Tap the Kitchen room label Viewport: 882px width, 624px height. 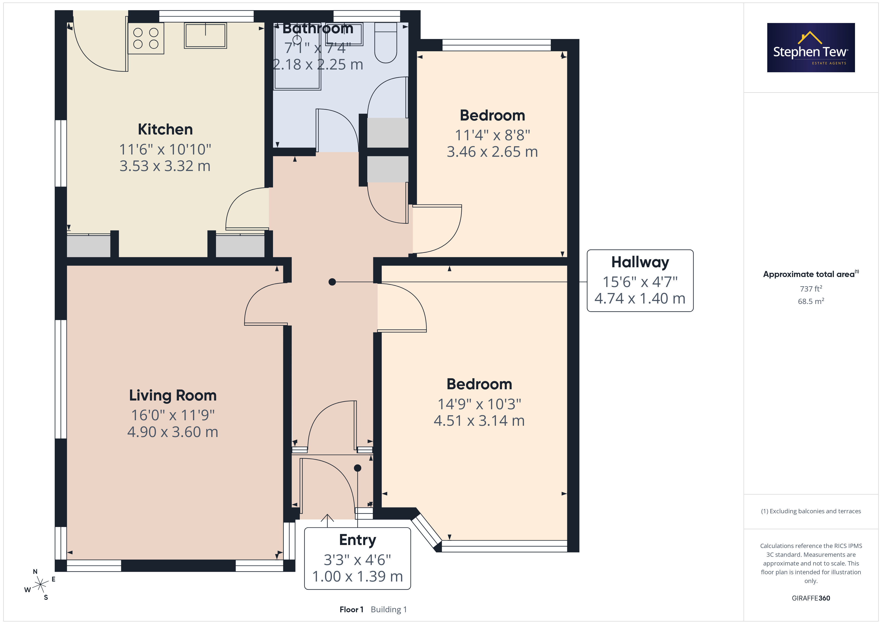click(x=165, y=129)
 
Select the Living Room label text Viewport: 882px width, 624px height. click(x=173, y=395)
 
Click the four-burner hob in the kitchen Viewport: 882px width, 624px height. click(x=146, y=38)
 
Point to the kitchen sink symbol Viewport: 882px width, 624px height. click(x=205, y=35)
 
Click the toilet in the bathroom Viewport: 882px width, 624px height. click(x=386, y=43)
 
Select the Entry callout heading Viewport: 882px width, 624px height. click(x=358, y=540)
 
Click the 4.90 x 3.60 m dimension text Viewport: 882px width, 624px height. click(x=173, y=432)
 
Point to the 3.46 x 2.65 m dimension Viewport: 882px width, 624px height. click(x=492, y=152)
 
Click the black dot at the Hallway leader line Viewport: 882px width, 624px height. click(x=332, y=282)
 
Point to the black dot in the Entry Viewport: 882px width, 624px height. click(x=358, y=468)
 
